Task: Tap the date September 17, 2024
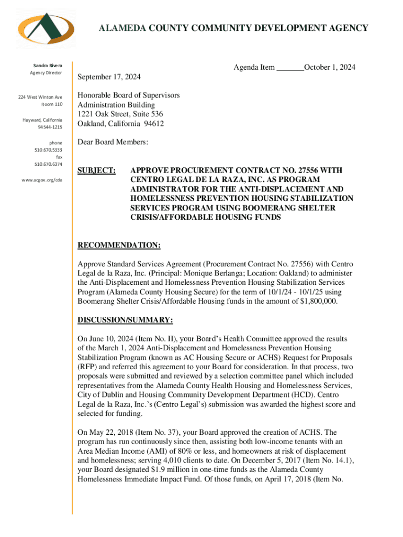point(109,77)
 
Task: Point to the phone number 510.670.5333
point(48,149)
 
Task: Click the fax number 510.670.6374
point(48,163)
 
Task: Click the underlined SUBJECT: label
point(96,170)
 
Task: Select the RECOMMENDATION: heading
point(119,245)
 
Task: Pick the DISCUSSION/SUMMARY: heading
point(125,320)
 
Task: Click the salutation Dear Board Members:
point(113,142)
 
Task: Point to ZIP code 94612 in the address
point(152,124)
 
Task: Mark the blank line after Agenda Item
point(289,67)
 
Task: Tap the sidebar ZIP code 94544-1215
point(50,127)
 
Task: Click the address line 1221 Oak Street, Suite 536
point(120,114)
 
